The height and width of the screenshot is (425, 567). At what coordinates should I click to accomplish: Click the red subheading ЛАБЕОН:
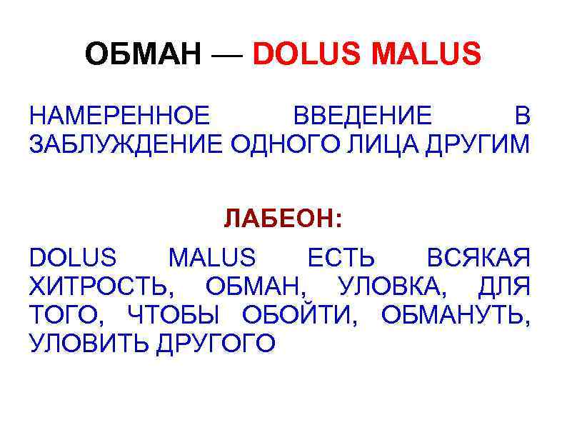pos(283,219)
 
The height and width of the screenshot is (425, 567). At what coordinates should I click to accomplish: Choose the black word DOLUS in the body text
pos(72,257)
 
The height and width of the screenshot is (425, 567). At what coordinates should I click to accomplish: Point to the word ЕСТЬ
pos(341,257)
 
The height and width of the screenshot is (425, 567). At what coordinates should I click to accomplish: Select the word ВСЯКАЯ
pos(478,257)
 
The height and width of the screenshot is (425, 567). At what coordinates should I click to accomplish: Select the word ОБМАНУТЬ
pos(455,315)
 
